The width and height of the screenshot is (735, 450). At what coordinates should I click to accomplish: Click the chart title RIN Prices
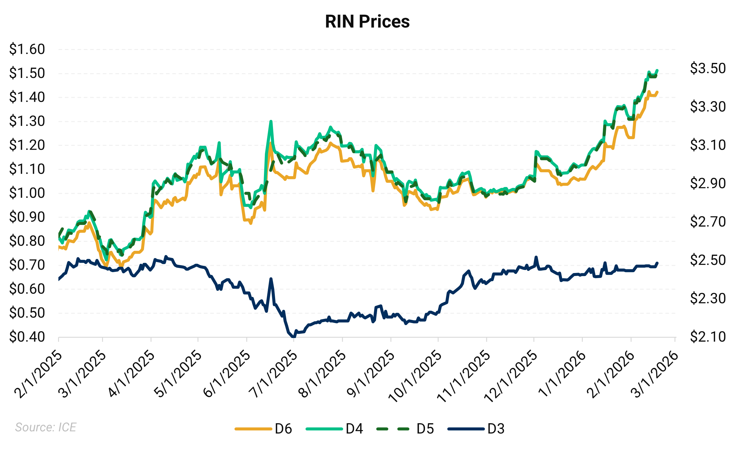click(367, 22)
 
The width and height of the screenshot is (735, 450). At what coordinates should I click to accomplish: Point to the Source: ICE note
click(46, 427)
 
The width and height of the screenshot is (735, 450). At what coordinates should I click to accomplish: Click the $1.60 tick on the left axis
click(27, 49)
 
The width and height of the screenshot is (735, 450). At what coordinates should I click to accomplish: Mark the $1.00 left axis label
click(27, 193)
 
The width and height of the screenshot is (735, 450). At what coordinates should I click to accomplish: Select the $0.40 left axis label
click(27, 337)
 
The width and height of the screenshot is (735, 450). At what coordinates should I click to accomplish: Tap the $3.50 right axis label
click(708, 68)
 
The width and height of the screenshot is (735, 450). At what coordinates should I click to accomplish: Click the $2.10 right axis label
click(708, 337)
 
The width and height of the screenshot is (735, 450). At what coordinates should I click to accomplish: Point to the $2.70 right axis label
click(708, 222)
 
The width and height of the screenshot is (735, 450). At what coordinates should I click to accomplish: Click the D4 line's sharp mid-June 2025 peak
click(271, 121)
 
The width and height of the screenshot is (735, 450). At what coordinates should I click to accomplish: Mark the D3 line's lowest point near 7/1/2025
click(293, 337)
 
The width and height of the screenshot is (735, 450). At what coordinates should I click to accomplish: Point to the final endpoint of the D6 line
click(657, 92)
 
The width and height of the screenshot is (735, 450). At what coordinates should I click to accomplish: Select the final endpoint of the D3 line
click(657, 263)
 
